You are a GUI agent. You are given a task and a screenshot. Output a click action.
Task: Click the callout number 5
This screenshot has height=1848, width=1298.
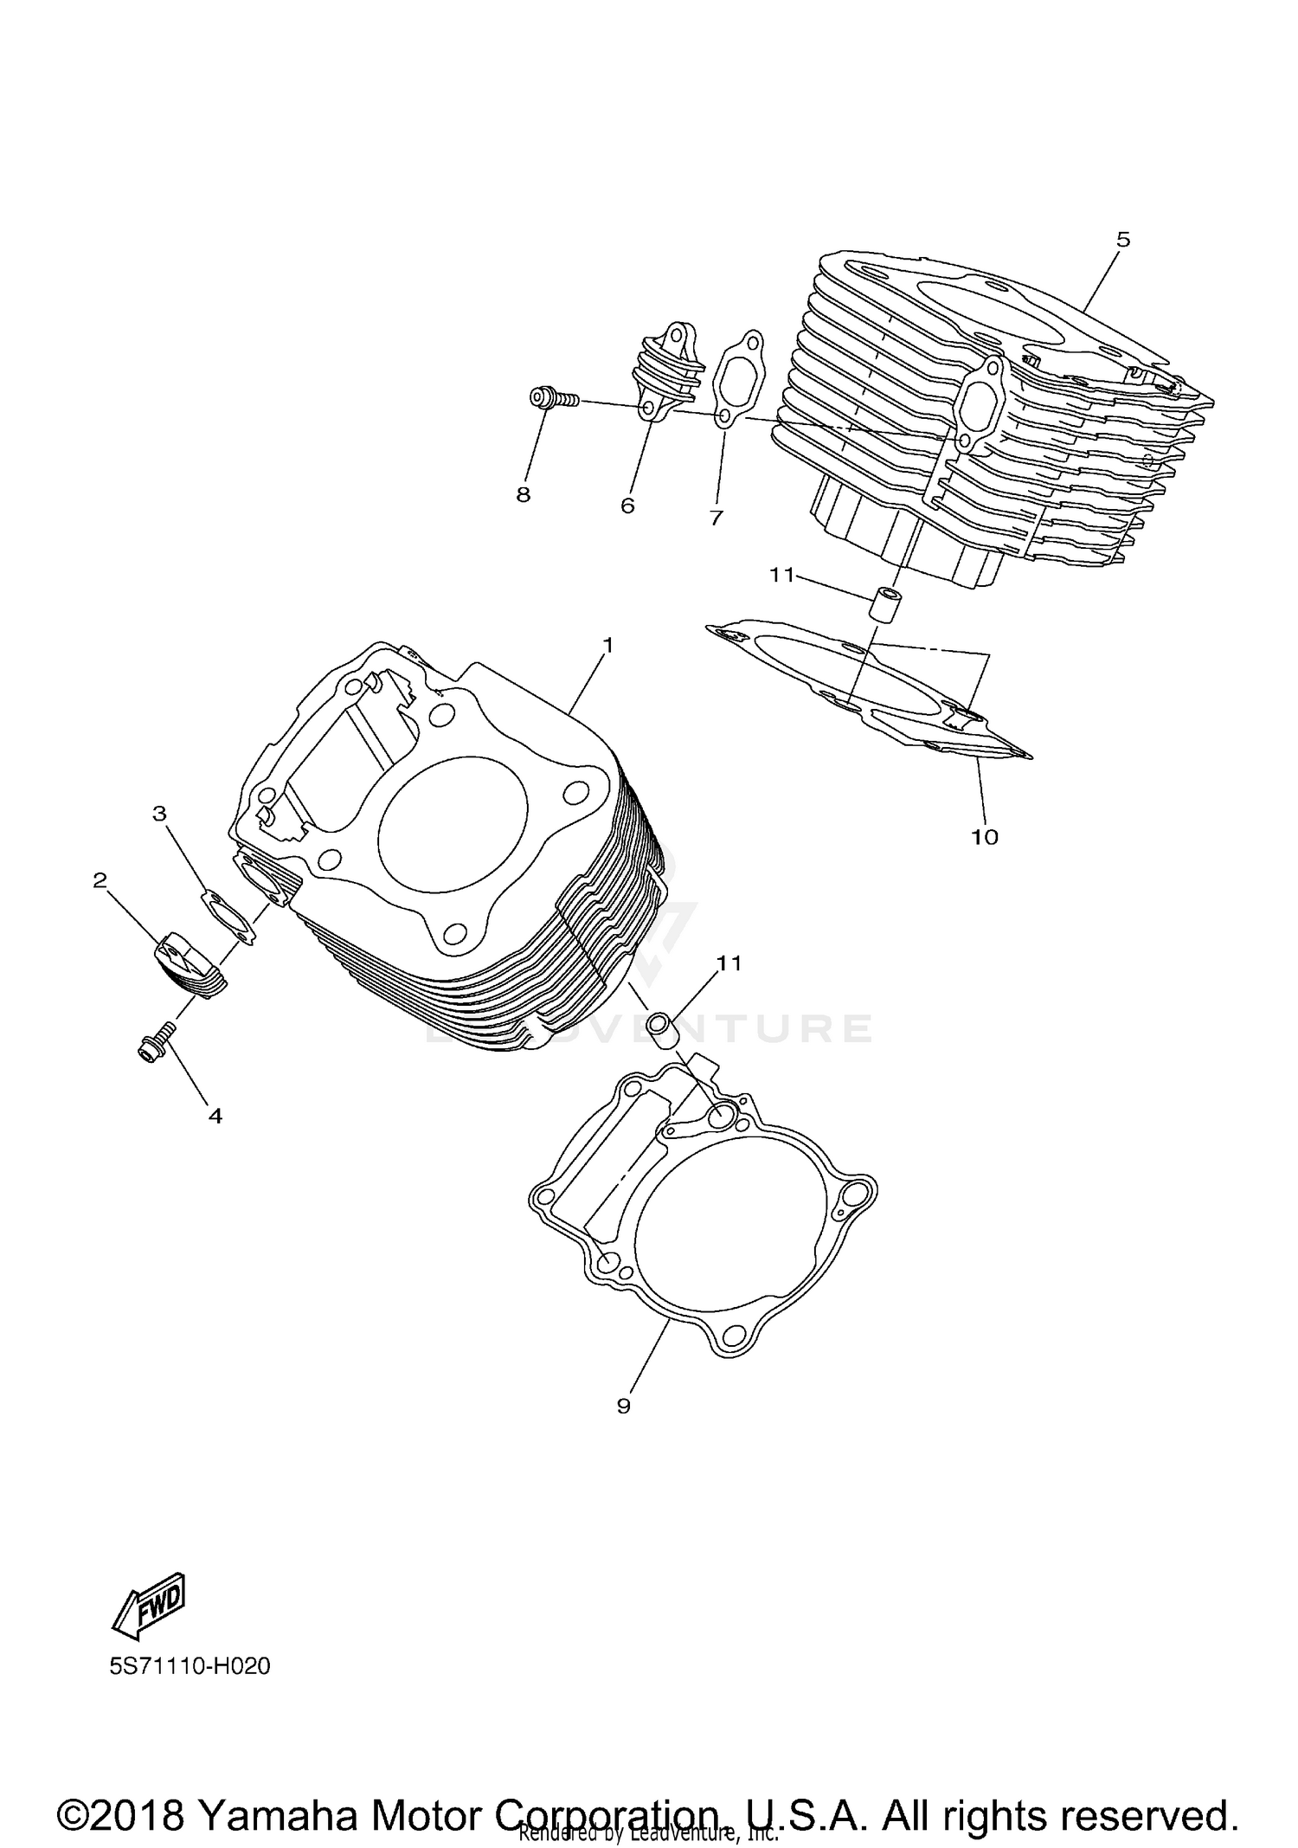tap(1122, 240)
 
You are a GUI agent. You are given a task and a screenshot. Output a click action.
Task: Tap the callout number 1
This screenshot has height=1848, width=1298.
tap(608, 645)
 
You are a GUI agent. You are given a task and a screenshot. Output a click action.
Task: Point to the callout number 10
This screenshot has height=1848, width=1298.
tap(985, 836)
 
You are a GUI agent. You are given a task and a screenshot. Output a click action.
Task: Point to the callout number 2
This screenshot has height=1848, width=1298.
tap(100, 880)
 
